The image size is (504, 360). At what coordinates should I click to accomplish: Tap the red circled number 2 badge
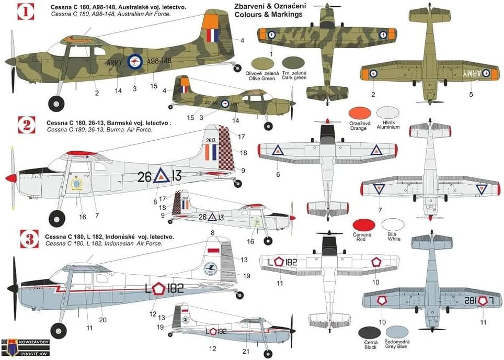pyautogui.click(x=25, y=126)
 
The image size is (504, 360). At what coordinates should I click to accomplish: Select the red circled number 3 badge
pyautogui.click(x=25, y=240)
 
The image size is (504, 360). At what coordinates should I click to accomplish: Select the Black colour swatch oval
pyautogui.click(x=370, y=332)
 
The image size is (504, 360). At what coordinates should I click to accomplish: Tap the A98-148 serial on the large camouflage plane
pyautogui.click(x=159, y=61)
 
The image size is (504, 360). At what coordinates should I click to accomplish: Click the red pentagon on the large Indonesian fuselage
pyautogui.click(x=158, y=289)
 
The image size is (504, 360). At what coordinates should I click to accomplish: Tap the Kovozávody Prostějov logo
pyautogui.click(x=21, y=347)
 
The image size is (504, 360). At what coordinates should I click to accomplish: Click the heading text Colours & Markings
pyautogui.click(x=268, y=15)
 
